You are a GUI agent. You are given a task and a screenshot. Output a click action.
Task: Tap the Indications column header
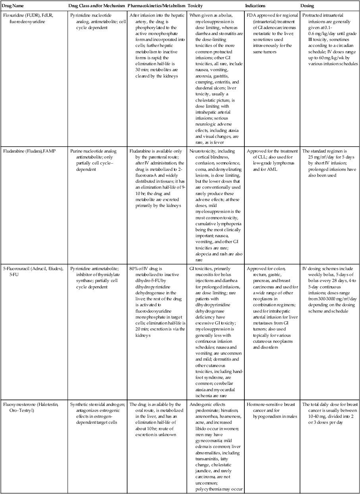click(256, 6)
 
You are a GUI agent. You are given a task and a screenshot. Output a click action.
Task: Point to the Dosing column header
click(308, 6)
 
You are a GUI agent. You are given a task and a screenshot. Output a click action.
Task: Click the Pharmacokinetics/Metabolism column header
click(156, 6)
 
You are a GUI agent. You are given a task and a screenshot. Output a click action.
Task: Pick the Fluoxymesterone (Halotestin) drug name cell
click(31, 407)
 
